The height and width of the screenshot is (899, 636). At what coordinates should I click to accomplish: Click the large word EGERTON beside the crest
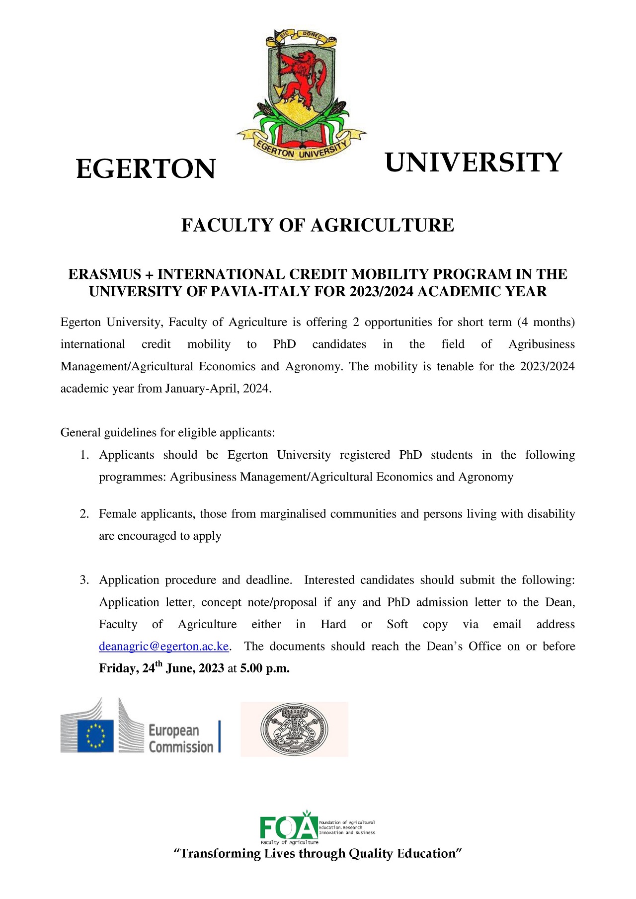pyautogui.click(x=146, y=169)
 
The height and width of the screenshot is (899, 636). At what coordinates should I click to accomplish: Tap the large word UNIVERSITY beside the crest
pyautogui.click(x=473, y=163)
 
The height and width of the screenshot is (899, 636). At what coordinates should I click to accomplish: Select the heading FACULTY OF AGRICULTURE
pyautogui.click(x=318, y=225)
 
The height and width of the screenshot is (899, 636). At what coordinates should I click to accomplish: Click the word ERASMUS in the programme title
pyautogui.click(x=104, y=274)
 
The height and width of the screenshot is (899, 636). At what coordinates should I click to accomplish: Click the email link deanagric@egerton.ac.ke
pyautogui.click(x=164, y=646)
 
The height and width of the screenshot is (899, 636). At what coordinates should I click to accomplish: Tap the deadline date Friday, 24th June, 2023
pyautogui.click(x=161, y=668)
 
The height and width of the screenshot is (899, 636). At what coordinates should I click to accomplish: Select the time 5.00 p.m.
pyautogui.click(x=265, y=668)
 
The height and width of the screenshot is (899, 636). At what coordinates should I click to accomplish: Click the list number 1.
pyautogui.click(x=84, y=455)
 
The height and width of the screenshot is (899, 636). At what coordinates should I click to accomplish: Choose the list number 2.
pyautogui.click(x=84, y=514)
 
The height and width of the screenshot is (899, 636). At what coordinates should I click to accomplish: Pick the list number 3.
pyautogui.click(x=84, y=580)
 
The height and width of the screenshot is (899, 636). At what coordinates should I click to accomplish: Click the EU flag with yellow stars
pyautogui.click(x=95, y=736)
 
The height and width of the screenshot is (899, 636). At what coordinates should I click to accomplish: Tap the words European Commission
pyautogui.click(x=181, y=738)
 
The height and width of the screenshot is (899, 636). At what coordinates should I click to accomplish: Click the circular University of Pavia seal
pyautogui.click(x=294, y=730)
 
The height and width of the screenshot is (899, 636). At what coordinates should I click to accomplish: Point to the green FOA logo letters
pyautogui.click(x=289, y=827)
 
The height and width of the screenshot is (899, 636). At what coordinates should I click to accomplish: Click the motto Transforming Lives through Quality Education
pyautogui.click(x=318, y=853)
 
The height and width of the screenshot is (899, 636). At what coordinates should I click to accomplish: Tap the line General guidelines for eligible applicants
pyautogui.click(x=167, y=432)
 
